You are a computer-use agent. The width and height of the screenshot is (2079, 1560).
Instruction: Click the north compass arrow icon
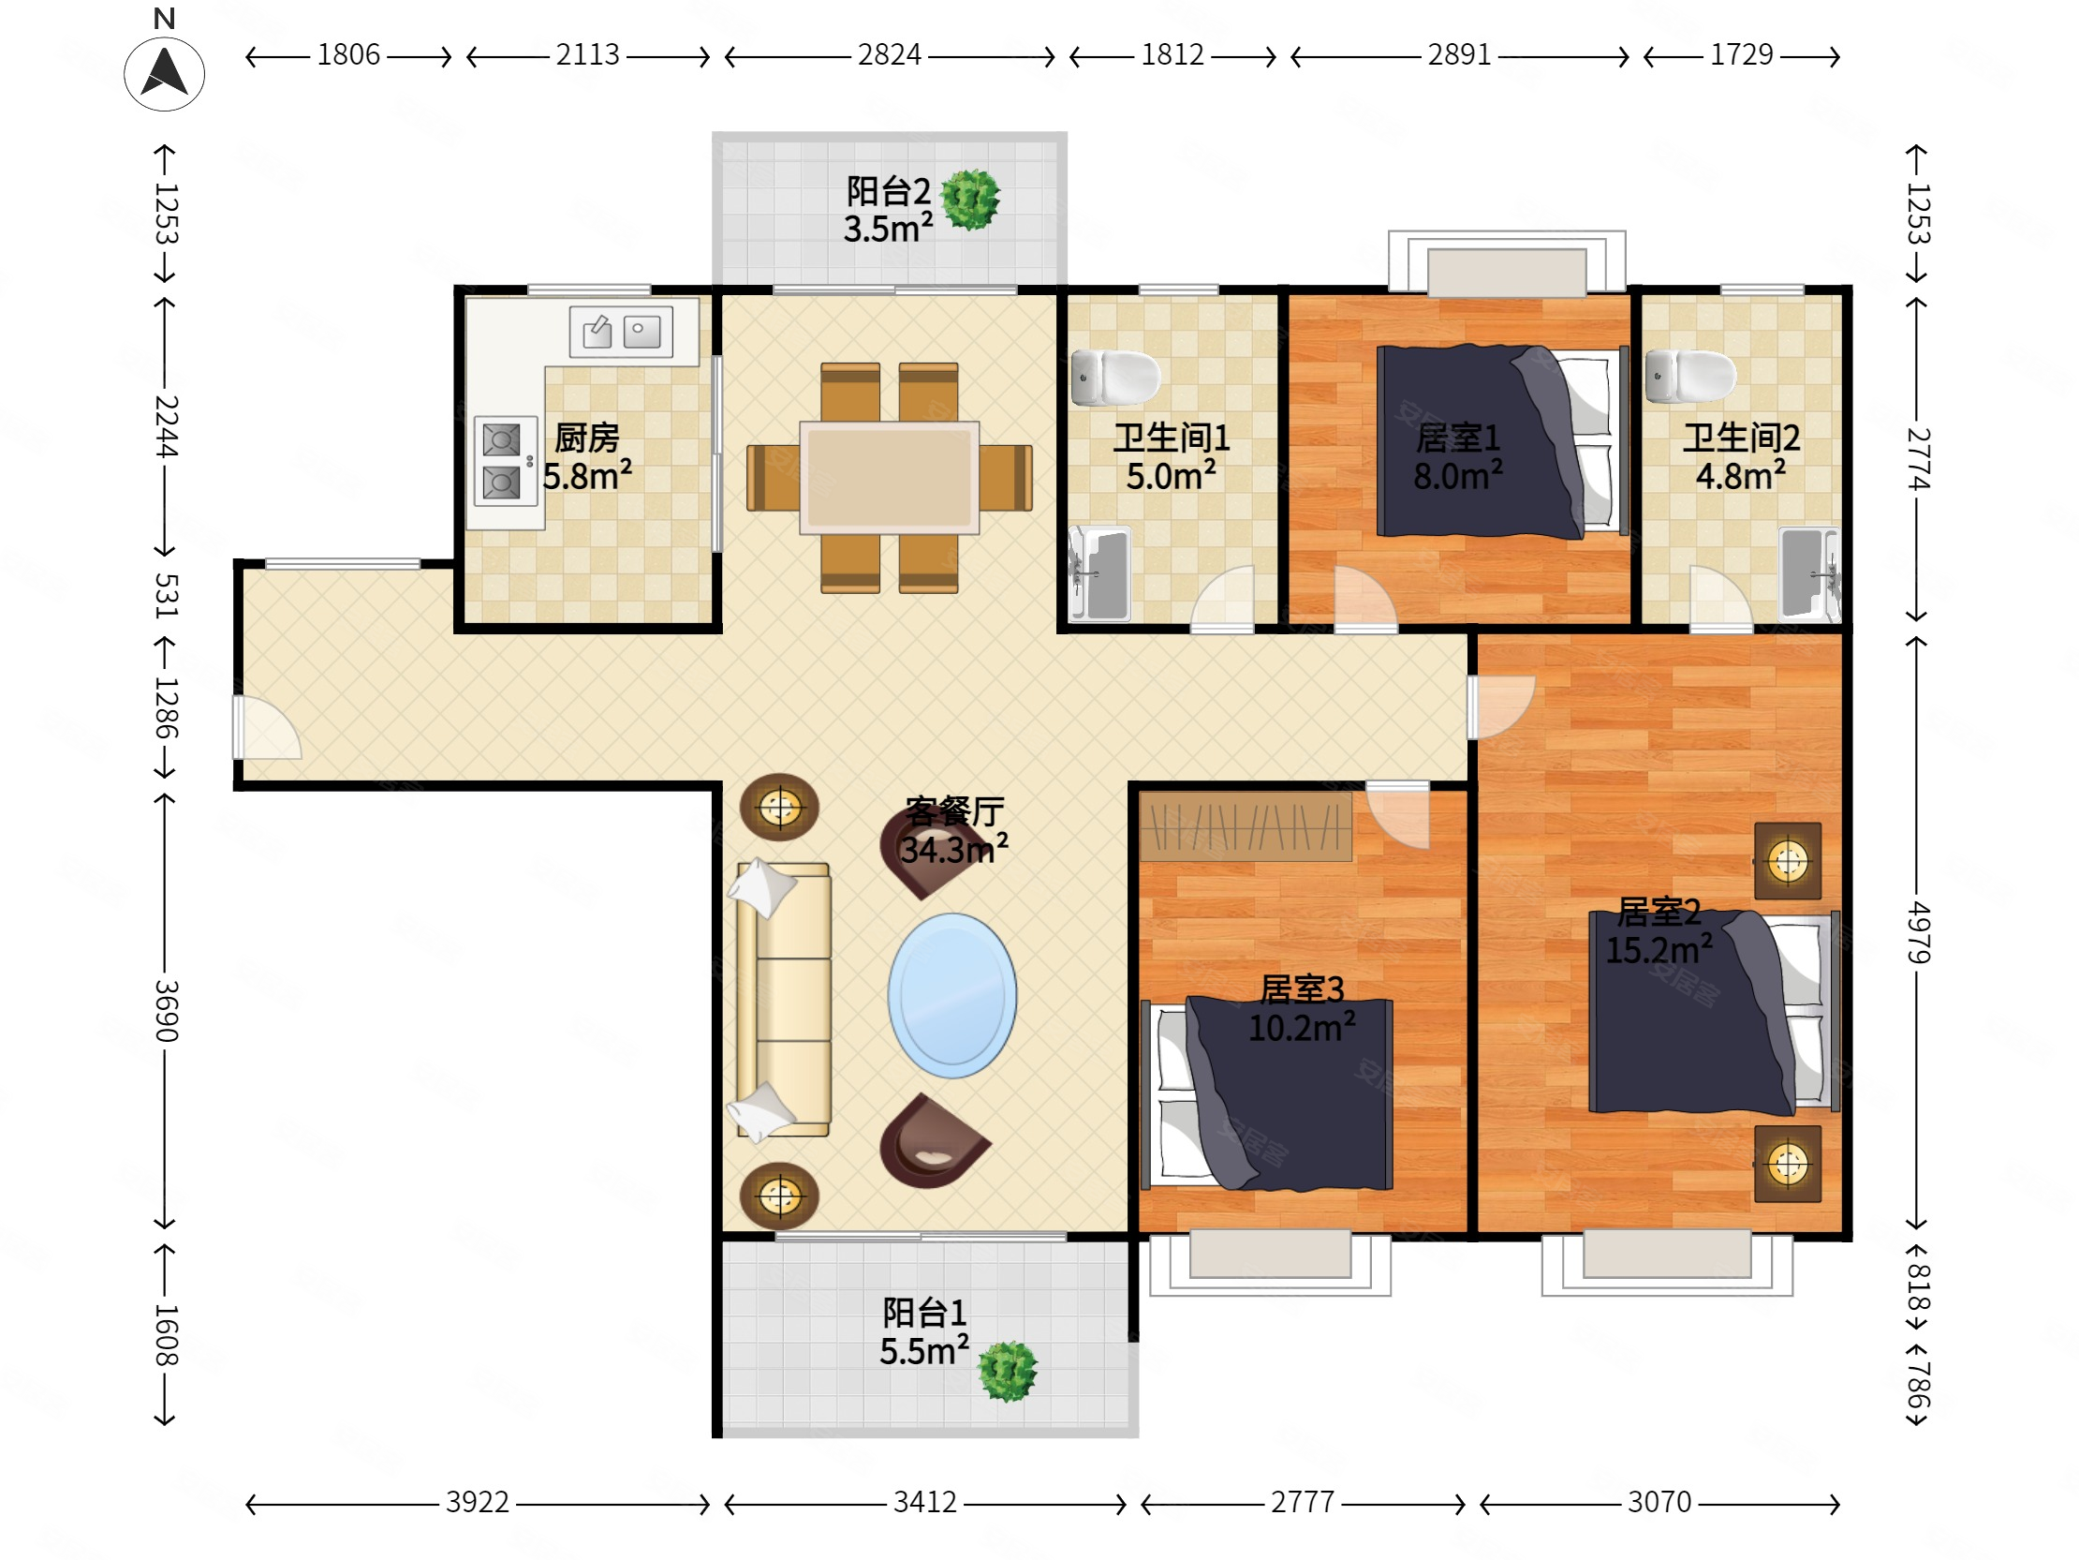click(165, 73)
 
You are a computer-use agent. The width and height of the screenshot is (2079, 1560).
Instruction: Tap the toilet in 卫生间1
click(1115, 377)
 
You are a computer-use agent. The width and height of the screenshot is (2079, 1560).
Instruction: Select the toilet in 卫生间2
click(1690, 376)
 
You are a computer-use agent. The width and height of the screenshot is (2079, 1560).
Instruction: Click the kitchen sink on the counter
click(621, 331)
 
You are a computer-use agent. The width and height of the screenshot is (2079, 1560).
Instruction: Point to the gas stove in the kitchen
click(506, 461)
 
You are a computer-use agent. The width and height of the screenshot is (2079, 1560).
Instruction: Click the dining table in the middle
click(889, 478)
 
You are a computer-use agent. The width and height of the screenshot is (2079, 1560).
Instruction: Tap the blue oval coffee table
click(952, 995)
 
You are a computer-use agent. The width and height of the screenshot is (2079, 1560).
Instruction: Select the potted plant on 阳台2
click(970, 200)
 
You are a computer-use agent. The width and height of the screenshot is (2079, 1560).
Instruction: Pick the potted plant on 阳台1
click(1008, 1371)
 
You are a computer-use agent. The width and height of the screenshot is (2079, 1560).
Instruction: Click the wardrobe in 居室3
click(1246, 826)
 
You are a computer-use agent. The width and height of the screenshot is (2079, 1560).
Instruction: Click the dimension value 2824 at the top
click(889, 55)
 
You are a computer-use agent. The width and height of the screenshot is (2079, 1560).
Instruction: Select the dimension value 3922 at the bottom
click(478, 1503)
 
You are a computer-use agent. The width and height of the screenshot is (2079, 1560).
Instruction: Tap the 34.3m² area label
click(954, 849)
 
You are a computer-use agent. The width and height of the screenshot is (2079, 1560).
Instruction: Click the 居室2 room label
click(1659, 912)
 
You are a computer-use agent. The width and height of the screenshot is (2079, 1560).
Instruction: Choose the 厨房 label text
click(587, 438)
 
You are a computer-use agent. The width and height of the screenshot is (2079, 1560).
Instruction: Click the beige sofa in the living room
click(783, 1000)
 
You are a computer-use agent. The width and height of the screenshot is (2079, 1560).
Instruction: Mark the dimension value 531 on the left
click(166, 595)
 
